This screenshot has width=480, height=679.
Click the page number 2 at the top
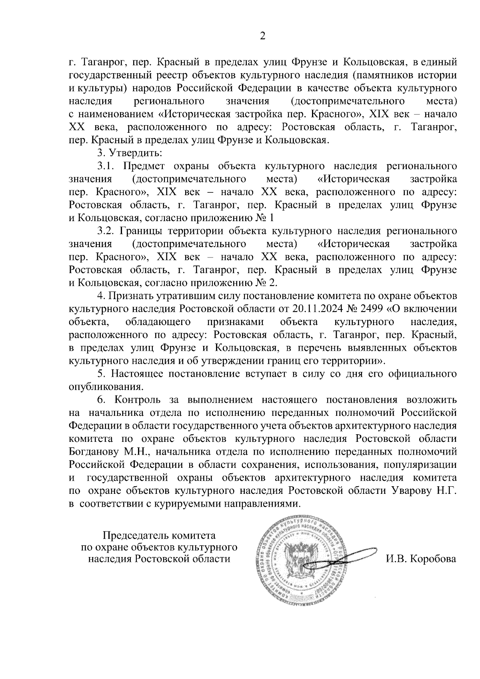click(x=262, y=36)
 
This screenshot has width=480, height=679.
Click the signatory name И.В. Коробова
click(x=420, y=559)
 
